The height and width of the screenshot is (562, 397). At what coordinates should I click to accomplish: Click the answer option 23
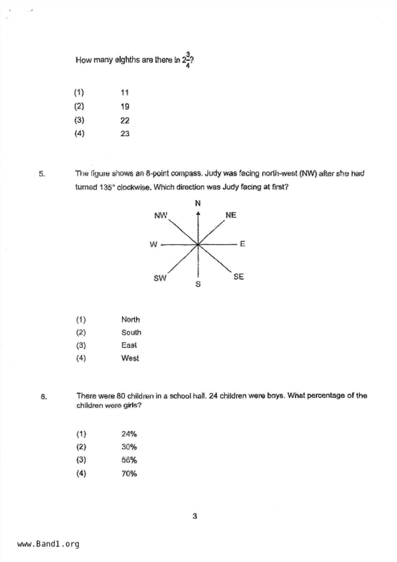[125, 134]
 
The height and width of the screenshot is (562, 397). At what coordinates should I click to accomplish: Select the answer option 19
[125, 106]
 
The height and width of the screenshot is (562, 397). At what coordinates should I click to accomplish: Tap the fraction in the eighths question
[187, 60]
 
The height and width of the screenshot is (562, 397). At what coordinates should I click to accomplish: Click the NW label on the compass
[161, 215]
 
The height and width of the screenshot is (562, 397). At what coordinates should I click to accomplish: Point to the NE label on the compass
[231, 215]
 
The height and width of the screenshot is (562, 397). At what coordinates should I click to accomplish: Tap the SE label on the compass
[238, 277]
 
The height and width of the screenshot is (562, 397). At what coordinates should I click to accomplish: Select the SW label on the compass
[160, 278]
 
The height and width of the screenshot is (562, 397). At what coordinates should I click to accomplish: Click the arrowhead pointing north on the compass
[198, 213]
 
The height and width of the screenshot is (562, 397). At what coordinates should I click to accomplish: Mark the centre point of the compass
[198, 244]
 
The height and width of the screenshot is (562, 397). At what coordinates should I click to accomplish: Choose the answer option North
[130, 319]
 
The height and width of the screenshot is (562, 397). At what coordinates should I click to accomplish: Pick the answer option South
[131, 332]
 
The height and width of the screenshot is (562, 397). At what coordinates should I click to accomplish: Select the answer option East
[129, 345]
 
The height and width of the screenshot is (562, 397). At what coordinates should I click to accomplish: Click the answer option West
[130, 358]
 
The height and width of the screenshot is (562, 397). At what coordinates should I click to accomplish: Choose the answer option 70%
[129, 473]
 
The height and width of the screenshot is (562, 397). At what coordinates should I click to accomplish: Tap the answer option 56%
[129, 460]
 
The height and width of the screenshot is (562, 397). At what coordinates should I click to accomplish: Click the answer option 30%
[129, 447]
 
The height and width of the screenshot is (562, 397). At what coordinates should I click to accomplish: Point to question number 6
[44, 397]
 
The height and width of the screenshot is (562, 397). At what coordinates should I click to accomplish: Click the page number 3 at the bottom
[195, 516]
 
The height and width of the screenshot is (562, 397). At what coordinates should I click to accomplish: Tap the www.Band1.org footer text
[48, 544]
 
